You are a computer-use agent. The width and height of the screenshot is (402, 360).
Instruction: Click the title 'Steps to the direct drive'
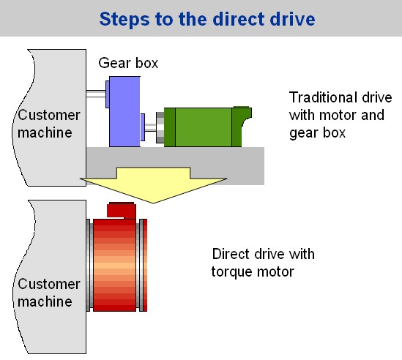point(207,19)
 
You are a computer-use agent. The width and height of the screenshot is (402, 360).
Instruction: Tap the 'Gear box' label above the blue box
point(128,63)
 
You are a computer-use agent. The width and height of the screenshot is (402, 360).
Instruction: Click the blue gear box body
point(125,111)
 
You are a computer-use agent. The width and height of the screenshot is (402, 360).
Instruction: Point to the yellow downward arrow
point(154,185)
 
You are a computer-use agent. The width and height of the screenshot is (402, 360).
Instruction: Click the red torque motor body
point(114,265)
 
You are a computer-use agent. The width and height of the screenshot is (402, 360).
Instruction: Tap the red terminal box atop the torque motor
point(122,210)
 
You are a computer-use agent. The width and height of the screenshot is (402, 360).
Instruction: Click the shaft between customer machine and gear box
point(96,94)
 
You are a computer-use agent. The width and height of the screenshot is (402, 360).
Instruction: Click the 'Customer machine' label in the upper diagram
point(49,124)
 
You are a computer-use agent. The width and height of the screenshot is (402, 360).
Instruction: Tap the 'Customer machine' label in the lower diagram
point(49,293)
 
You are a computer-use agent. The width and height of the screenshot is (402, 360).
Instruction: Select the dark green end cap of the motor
point(241,127)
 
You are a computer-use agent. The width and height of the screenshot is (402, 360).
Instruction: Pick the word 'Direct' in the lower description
point(231,254)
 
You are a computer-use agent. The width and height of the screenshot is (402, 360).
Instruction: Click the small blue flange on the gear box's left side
point(108,94)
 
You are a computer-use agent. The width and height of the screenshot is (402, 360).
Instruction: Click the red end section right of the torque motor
point(144,265)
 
